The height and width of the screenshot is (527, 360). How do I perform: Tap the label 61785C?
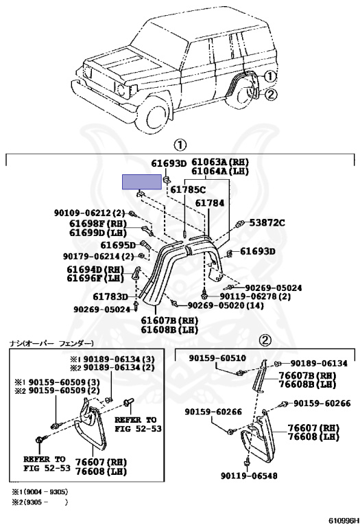[188, 189]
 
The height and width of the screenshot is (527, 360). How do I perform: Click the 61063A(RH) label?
[219, 163]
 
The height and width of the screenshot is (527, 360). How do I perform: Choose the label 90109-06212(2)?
[89, 213]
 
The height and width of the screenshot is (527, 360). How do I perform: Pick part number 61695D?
[118, 244]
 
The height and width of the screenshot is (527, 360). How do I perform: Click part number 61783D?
[112, 296]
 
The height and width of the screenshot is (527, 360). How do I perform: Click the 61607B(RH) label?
[169, 320]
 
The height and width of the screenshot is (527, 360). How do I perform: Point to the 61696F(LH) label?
[97, 279]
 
